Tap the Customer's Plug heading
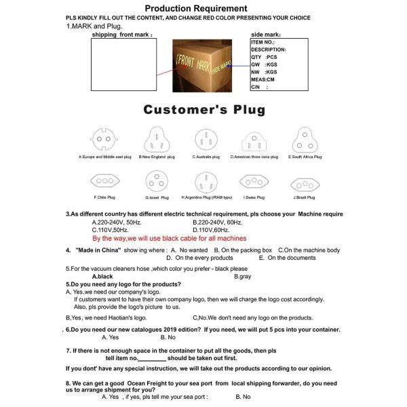[x=203, y=109]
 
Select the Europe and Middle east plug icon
[x=103, y=140]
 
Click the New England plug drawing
[x=154, y=140]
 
